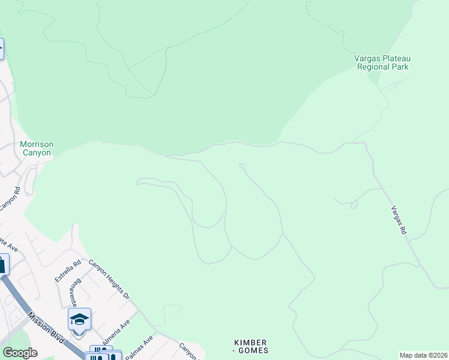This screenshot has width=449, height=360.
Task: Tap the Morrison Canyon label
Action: point(37,148)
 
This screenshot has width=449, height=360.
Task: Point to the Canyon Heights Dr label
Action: point(109,279)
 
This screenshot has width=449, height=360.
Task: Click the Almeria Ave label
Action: point(116,330)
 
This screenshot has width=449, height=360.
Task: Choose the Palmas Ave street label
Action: point(139,347)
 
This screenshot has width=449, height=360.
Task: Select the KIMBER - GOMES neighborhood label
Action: point(250,346)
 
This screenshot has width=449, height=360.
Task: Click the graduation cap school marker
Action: point(79,319)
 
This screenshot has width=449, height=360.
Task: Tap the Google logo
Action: point(19,353)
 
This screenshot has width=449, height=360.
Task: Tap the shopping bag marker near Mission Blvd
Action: point(2,264)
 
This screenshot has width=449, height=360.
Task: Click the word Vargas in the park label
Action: point(366,58)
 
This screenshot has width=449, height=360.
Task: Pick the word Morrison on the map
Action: point(37,144)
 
